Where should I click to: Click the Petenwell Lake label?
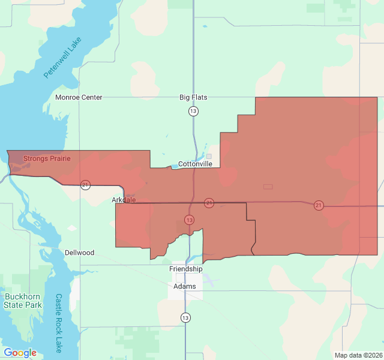62,58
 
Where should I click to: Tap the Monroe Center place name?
79,97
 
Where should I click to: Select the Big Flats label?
193,97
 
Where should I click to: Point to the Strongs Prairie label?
47,159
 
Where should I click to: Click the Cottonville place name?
195,164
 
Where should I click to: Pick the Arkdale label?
124,200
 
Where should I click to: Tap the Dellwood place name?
80,253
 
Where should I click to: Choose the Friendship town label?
186,269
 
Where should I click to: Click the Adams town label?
185,286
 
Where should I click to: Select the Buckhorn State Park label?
22,301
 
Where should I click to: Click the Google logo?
20,353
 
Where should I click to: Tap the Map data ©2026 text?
358,355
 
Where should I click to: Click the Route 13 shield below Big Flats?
193,111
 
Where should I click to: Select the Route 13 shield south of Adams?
185,317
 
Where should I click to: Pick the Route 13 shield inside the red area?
190,220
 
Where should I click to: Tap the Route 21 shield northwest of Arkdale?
86,185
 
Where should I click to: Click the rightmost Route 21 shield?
319,205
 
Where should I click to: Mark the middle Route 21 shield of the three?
209,203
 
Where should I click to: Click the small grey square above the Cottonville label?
209,156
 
